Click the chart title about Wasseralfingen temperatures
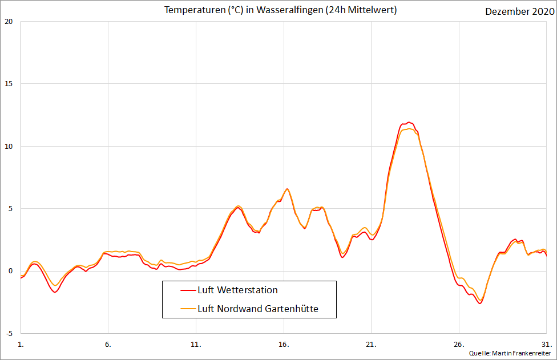pos(280,10)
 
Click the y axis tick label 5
pos(10,209)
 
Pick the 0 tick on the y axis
pos(10,271)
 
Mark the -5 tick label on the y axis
pos(9,333)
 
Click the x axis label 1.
pos(21,345)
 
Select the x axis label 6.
pos(108,345)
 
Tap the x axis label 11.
pos(196,345)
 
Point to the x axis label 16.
pos(284,345)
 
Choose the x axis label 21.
pos(371,345)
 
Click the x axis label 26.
pos(459,345)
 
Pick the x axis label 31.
pos(546,345)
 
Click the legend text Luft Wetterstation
pos(237,290)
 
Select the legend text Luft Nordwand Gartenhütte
pos(258,309)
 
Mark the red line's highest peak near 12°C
pos(409,122)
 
